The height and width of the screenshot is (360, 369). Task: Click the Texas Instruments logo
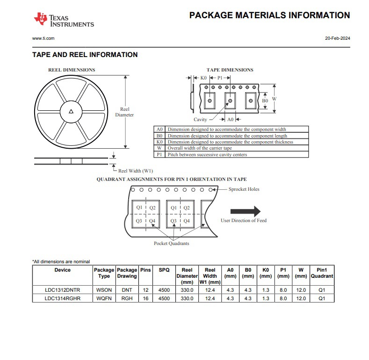pos(63,20)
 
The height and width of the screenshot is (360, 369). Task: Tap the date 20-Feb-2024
pos(337,38)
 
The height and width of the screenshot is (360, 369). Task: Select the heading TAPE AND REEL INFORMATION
pos(85,55)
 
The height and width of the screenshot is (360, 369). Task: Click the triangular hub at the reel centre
pos(71,111)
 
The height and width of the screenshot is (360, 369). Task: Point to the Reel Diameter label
pos(124,112)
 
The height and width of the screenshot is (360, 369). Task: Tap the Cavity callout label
pos(200,120)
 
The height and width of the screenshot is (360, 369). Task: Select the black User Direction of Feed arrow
pos(252,211)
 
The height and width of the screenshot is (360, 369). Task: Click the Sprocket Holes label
pos(244,189)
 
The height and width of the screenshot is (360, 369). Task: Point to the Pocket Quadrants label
pos(172,244)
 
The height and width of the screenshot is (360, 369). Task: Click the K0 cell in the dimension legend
pos(159,142)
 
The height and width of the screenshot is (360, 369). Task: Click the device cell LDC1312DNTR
pos(63,290)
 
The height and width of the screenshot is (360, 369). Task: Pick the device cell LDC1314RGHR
pos(63,298)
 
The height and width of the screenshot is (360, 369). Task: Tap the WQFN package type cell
pos(104,298)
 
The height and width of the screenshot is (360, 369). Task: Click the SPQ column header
pos(164,270)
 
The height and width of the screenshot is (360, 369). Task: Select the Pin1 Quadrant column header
pos(321,273)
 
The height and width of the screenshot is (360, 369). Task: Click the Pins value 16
pos(145,298)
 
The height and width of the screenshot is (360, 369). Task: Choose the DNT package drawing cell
pos(127,290)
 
